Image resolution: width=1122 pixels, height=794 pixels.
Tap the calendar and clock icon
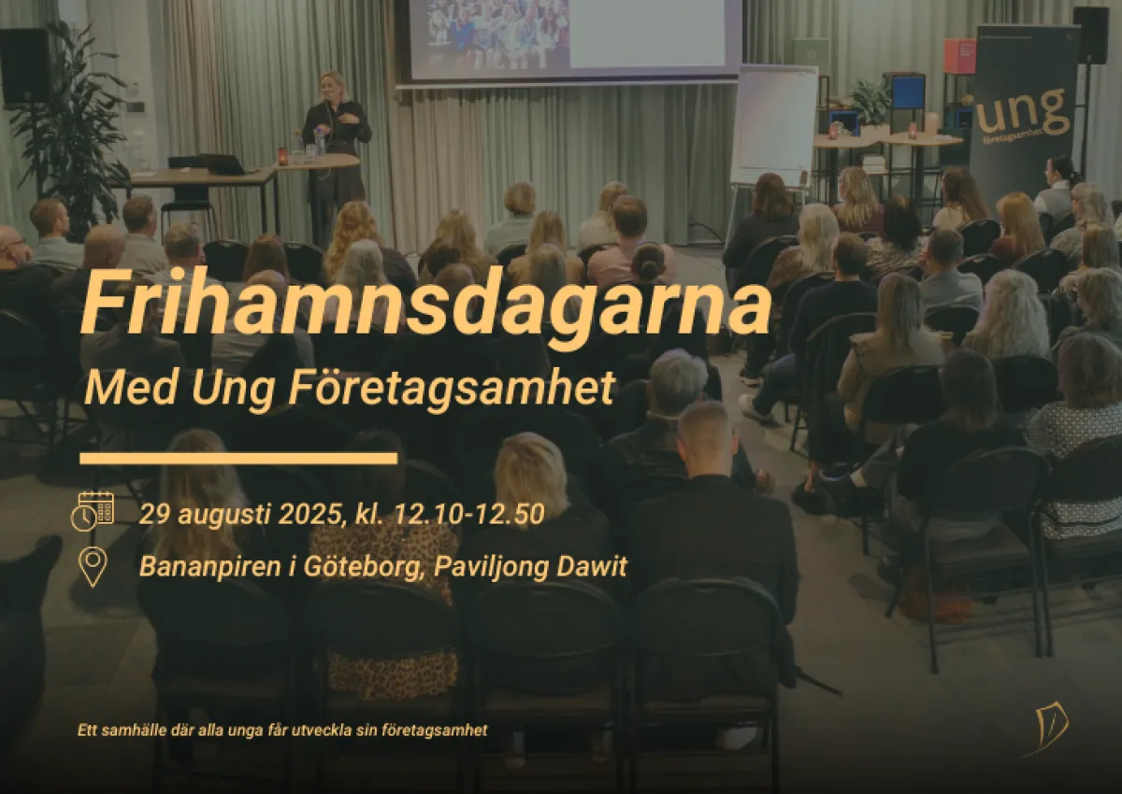click(x=92, y=510)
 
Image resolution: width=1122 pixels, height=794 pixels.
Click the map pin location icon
click(x=92, y=566)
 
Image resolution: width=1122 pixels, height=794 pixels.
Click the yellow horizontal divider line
click(x=238, y=458)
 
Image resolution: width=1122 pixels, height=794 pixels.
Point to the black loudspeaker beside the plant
click(x=25, y=65)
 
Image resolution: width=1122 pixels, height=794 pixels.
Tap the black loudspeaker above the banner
click(x=1089, y=35)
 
